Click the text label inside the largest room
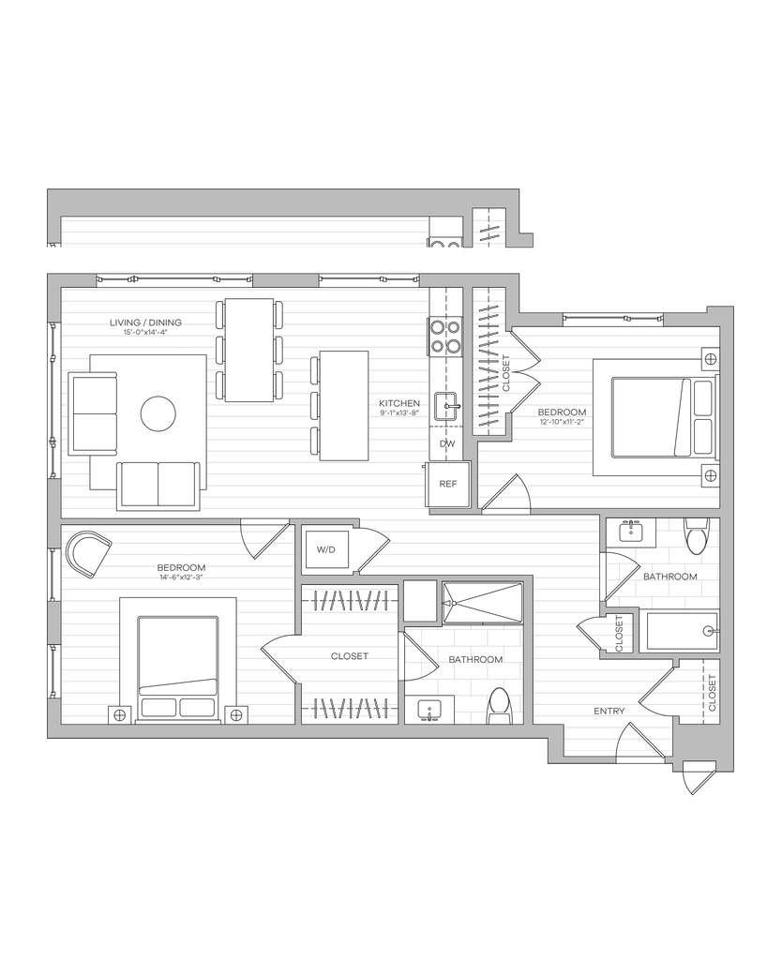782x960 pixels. pos(145,324)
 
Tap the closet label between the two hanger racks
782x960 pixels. pos(350,656)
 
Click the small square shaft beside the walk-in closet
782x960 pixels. pos(421,602)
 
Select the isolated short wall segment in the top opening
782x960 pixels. pos(285,279)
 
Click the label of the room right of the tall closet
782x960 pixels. pos(562,415)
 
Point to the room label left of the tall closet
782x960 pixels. pos(399,406)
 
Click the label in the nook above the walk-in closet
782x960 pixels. pos(325,549)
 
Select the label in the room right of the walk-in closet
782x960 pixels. pos(474,659)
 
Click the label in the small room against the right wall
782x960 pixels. pos(669,576)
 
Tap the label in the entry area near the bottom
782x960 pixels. pos(609,711)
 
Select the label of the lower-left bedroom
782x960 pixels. pos(180,571)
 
